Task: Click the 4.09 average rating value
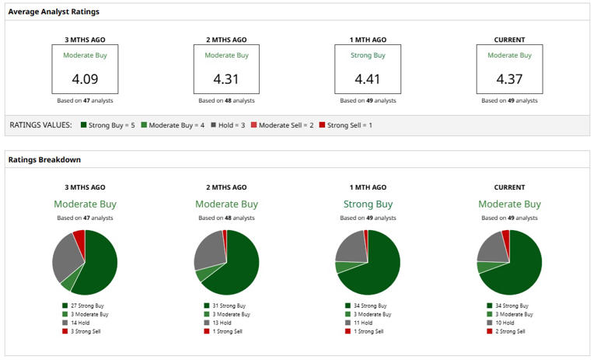[85, 79]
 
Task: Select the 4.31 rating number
[226, 79]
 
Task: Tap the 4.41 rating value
[368, 79]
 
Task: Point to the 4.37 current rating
[509, 79]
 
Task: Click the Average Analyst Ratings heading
[54, 12]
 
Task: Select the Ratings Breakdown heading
[44, 159]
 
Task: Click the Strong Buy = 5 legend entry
[108, 125]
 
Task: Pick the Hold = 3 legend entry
[228, 125]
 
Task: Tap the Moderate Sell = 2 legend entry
[282, 125]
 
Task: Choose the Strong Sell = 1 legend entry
[345, 125]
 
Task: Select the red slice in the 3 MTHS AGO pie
[80, 238]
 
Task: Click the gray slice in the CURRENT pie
[492, 249]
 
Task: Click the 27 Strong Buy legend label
[83, 306]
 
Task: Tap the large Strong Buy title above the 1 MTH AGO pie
[368, 204]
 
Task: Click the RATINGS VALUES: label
[40, 125]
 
